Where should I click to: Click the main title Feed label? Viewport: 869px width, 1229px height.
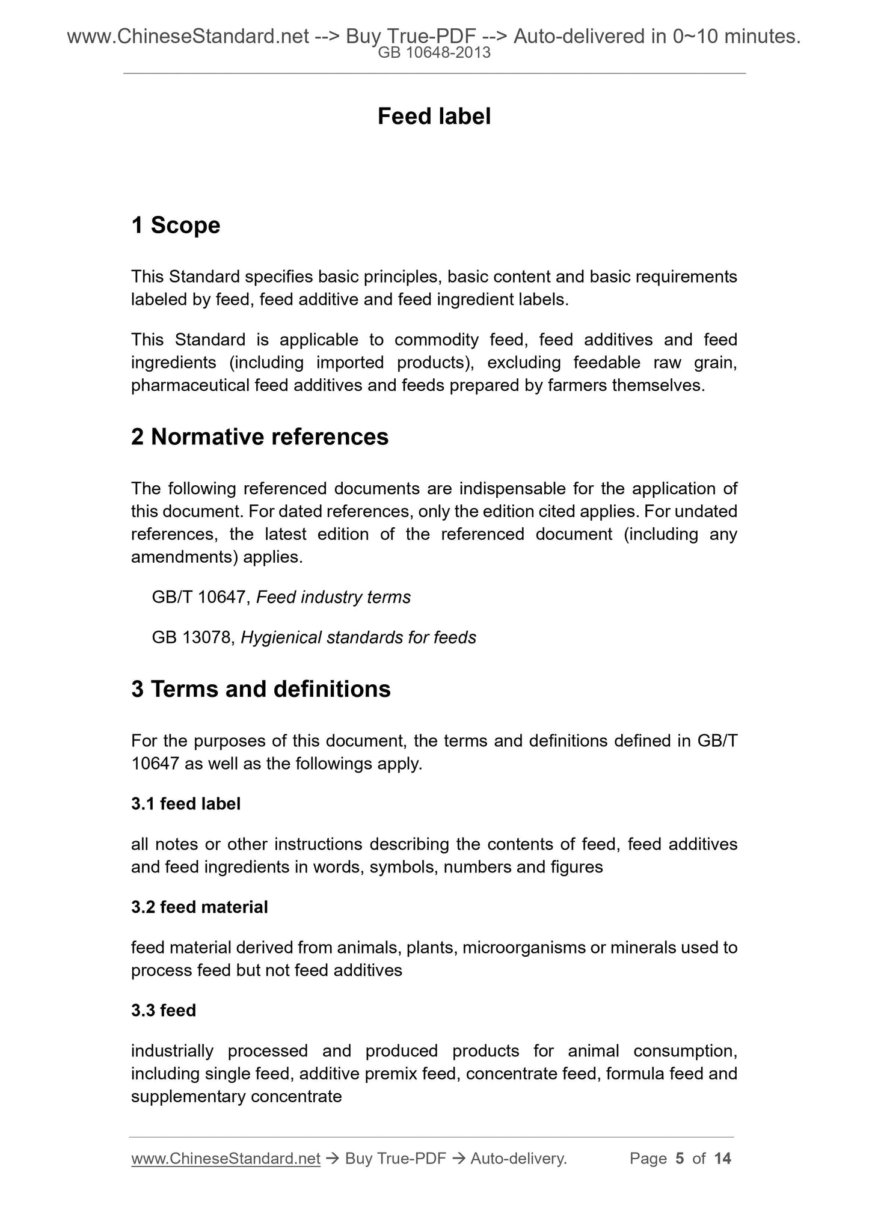[x=434, y=117]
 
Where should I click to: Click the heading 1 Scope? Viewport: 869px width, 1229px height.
[x=176, y=225]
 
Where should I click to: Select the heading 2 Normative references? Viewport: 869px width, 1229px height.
[x=260, y=437]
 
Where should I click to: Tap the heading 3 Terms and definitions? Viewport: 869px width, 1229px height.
[x=261, y=689]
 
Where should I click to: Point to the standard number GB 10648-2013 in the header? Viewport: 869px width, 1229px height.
[x=434, y=53]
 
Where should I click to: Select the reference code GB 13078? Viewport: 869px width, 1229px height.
[x=191, y=638]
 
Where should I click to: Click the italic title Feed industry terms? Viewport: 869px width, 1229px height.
[x=333, y=598]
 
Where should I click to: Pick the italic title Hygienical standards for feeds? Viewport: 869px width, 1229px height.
[x=358, y=638]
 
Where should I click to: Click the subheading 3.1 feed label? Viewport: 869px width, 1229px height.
[x=186, y=804]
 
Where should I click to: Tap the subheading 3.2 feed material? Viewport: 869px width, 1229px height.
[x=200, y=907]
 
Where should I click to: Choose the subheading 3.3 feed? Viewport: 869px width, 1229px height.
[x=164, y=1011]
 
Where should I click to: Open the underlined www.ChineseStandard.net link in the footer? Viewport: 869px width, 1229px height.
[x=226, y=1159]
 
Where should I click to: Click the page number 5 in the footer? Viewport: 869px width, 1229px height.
[x=680, y=1159]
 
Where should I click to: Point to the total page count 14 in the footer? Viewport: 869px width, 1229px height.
[x=722, y=1159]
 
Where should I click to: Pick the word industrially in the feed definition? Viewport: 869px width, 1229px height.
[x=172, y=1052]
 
